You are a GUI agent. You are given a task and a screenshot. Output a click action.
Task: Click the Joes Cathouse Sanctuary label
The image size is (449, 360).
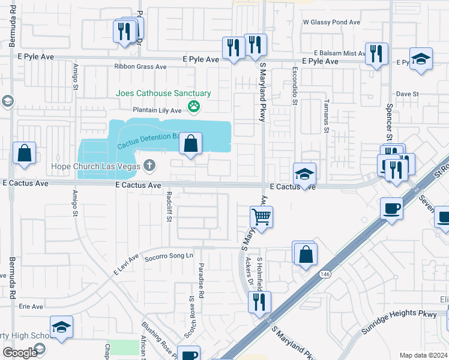click(x=163, y=94)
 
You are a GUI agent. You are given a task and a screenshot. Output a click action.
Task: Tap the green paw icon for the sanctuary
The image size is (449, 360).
click(x=194, y=107)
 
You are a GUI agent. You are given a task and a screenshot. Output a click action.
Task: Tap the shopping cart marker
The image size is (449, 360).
click(x=261, y=217)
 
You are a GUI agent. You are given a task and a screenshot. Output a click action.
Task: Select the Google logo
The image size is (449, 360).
click(x=20, y=353)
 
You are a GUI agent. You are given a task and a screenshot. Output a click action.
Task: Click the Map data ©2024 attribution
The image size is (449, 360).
click(x=423, y=355)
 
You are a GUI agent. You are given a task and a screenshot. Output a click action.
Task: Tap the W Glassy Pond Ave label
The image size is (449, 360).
click(x=331, y=22)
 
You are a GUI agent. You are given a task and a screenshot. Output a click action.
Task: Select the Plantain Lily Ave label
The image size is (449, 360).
click(x=157, y=110)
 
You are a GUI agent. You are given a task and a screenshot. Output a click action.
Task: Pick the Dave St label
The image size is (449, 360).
click(x=407, y=94)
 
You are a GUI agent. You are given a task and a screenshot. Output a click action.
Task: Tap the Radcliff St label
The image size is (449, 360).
click(x=169, y=206)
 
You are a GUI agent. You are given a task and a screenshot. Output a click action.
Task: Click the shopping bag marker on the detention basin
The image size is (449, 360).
click(x=190, y=144)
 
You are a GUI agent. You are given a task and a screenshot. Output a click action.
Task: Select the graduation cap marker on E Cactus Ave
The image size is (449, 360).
click(x=304, y=175)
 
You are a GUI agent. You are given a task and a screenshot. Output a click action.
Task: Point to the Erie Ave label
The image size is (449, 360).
click(x=31, y=307)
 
